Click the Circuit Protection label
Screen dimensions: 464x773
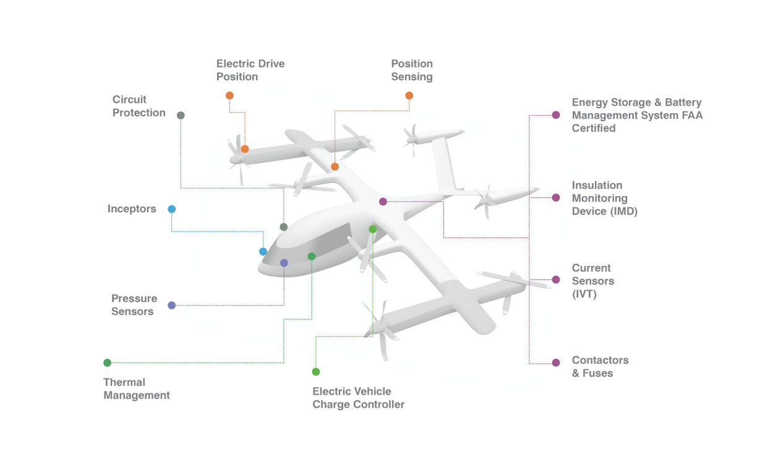(139, 106)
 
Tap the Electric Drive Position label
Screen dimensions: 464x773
(250, 70)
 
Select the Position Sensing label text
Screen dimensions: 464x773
(412, 70)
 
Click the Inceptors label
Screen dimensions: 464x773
(132, 209)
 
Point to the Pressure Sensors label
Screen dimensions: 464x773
(134, 305)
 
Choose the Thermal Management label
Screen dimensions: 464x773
(137, 389)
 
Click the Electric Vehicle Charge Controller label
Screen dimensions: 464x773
(358, 398)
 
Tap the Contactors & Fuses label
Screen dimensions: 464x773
(600, 366)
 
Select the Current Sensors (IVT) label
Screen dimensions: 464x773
(593, 281)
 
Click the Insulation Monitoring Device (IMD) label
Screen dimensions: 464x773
(604, 198)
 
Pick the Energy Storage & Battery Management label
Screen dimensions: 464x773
(637, 115)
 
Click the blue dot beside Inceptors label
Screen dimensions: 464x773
(172, 209)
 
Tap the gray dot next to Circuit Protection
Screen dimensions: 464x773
(181, 115)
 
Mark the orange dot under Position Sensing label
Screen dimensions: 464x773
(409, 95)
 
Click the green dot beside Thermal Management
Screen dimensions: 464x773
(108, 363)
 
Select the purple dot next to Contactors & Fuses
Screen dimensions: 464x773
(556, 363)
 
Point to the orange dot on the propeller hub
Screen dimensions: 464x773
(245, 149)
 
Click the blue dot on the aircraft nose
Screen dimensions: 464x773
(263, 252)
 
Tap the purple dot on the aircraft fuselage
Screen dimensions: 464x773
(383, 202)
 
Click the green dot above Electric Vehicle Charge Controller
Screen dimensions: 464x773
(316, 372)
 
